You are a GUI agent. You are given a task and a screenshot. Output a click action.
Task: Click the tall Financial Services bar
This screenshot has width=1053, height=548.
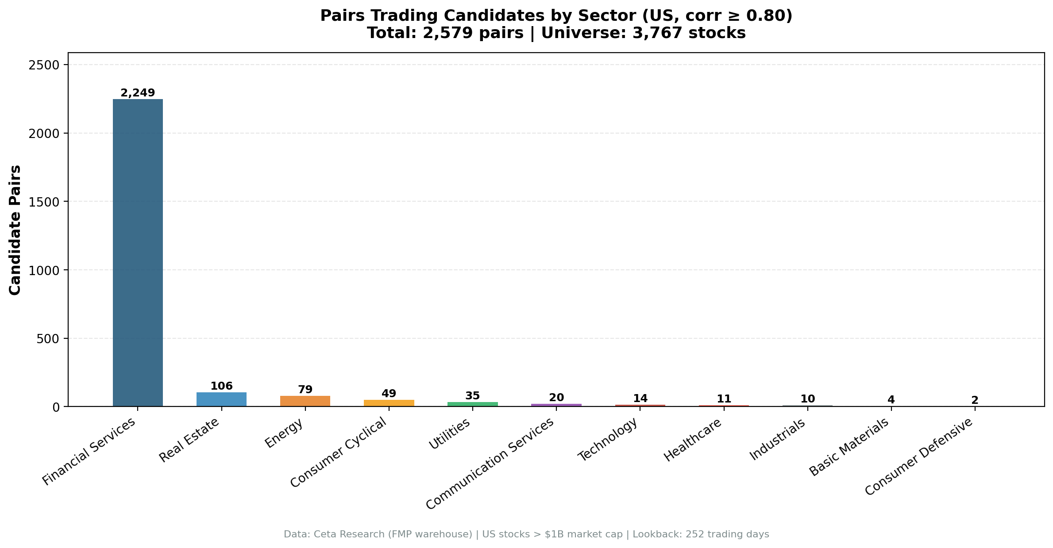coord(138,252)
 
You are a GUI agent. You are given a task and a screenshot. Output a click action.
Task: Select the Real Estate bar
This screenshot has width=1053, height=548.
coord(221,399)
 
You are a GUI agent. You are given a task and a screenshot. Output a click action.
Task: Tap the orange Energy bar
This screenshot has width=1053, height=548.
coord(305,401)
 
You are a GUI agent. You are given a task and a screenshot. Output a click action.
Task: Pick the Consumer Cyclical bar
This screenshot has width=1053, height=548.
coord(389,403)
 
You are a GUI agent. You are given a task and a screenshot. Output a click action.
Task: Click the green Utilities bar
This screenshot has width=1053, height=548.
coord(472,404)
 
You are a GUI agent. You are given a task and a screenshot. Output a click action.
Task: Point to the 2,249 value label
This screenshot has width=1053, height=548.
coord(138,93)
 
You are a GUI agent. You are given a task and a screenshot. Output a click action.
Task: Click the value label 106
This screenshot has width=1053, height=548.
coord(221,386)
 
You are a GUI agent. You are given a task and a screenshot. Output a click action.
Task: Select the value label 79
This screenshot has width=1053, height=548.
coord(305,390)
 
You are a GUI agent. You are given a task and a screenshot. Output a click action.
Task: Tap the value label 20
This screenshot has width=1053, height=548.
coord(556,398)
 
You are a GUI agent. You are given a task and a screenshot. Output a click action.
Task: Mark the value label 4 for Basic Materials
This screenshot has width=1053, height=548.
coord(891,400)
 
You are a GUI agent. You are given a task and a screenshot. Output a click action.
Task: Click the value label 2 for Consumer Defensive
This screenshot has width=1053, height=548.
coord(975,400)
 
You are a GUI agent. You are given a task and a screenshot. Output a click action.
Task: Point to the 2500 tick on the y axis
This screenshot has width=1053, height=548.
coord(43,65)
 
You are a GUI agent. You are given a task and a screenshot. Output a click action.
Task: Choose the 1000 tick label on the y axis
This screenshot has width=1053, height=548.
coord(43,270)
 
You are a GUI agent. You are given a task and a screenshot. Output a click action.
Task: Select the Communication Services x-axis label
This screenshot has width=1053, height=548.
coord(490,463)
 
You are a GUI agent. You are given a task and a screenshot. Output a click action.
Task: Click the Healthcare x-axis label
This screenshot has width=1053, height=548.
coord(693,440)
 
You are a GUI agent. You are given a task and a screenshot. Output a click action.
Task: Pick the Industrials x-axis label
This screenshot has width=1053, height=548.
coord(777,439)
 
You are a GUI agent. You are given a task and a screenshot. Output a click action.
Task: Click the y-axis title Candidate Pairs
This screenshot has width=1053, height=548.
coord(15,230)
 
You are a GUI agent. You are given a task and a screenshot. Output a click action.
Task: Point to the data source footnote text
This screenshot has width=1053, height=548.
coord(526,534)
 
